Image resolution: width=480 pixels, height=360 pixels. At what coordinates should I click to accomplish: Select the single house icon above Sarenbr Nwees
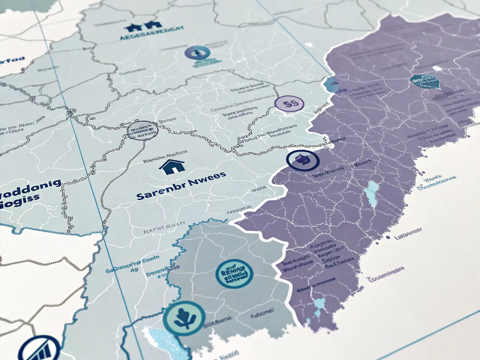[172, 166]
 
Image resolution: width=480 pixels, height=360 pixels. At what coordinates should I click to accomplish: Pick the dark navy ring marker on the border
[303, 160]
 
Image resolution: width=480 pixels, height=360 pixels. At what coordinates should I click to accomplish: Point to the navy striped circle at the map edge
[39, 350]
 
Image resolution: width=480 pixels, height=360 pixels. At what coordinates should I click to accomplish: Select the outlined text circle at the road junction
[142, 130]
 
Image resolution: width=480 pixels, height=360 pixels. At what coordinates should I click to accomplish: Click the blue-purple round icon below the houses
[197, 53]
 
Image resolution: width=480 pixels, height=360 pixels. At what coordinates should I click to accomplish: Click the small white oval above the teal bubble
[437, 68]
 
